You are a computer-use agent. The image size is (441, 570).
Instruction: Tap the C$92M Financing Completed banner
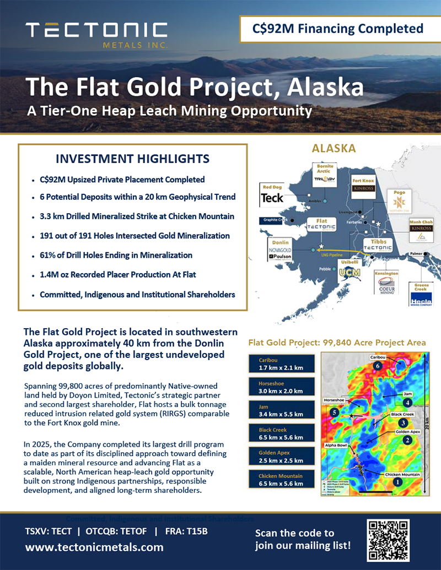click(338, 29)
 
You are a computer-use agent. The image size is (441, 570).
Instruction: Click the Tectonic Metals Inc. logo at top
click(96, 35)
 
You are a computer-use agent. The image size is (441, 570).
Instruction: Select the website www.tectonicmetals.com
click(94, 547)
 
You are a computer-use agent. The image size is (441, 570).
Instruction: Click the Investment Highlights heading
click(133, 159)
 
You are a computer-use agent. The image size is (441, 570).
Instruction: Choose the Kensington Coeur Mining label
click(386, 281)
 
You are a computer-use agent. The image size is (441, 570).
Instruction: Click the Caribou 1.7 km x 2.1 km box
click(281, 364)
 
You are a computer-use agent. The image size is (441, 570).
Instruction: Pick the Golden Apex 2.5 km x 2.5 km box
click(281, 457)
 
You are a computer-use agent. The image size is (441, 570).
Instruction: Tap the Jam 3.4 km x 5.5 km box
click(281, 410)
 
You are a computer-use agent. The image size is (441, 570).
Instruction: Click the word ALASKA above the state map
click(334, 148)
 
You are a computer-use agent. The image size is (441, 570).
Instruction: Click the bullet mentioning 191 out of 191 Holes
click(135, 236)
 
